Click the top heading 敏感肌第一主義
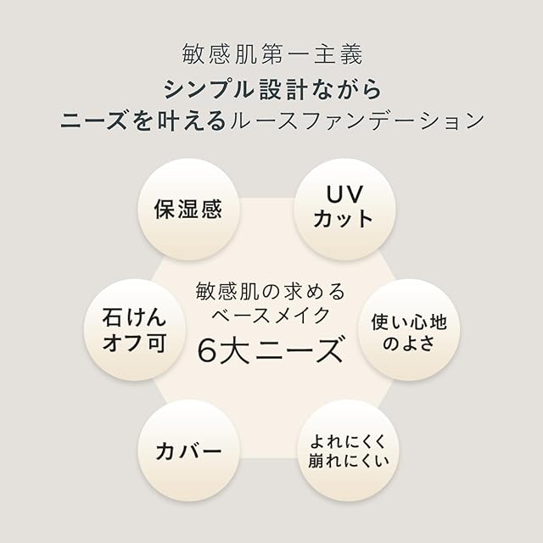(x=271, y=54)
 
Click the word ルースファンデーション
(x=355, y=120)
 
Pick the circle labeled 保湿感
(x=188, y=209)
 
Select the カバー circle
(x=188, y=451)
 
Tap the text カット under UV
(x=343, y=218)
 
